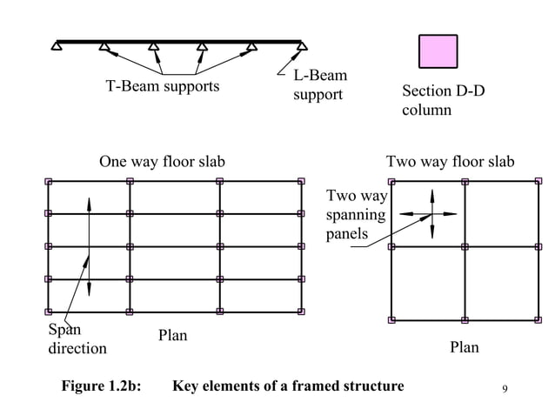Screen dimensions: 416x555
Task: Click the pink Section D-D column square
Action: pos(438,51)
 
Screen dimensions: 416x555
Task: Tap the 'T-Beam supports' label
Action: pos(163,87)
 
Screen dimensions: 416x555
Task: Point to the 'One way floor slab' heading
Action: pos(162,162)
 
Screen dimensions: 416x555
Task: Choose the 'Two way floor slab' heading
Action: pos(450,162)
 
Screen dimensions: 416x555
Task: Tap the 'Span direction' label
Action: pos(77,339)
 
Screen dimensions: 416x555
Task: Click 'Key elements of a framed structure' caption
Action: pos(288,386)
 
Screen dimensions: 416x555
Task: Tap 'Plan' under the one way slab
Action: pos(172,336)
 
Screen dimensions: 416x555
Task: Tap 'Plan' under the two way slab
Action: pos(464,348)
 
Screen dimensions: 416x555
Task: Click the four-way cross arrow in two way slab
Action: pos(432,214)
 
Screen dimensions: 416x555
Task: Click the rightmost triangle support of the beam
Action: pos(303,45)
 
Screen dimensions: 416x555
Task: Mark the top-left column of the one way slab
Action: pos(49,182)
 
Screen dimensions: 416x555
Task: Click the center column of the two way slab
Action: pos(465,247)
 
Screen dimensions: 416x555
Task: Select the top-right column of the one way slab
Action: pos(301,182)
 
